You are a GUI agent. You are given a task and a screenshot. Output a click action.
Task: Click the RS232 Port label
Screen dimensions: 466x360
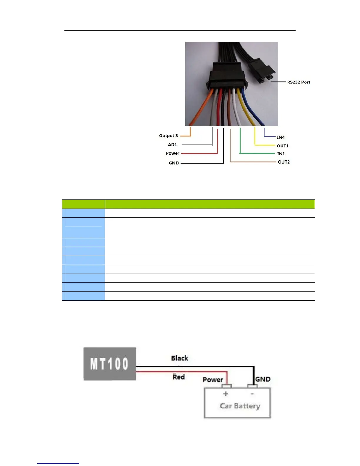299,82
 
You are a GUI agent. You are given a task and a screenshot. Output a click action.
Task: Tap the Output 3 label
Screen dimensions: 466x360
168,136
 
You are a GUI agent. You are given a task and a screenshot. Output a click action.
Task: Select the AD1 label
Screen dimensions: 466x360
172,145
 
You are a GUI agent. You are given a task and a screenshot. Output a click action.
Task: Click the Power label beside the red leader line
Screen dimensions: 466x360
172,153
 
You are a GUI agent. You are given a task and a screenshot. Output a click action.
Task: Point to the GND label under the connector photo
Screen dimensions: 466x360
174,163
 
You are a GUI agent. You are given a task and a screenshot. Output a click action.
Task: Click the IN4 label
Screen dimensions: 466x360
281,137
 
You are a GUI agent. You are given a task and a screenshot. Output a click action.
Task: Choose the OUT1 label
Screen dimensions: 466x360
282,146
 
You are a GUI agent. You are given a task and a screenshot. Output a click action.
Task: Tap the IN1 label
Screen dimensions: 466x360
281,154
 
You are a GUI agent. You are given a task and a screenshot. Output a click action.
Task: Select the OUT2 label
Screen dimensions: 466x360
284,162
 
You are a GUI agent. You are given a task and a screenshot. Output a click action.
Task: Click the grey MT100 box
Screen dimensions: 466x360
110,364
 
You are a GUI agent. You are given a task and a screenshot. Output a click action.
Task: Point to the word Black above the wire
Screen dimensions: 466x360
179,358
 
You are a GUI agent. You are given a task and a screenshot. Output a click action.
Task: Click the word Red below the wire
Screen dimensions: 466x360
179,377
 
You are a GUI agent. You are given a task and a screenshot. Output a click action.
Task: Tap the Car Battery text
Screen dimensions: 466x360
240,406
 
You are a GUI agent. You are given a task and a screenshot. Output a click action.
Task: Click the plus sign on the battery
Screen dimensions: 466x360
226,394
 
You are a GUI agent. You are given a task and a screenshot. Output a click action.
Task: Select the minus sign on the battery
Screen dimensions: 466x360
252,394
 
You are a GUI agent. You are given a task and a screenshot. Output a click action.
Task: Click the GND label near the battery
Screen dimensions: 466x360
263,379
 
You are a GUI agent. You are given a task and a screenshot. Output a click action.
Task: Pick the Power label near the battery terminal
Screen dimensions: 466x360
213,380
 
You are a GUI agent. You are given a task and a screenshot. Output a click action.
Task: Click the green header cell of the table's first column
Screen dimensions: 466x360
84,204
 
